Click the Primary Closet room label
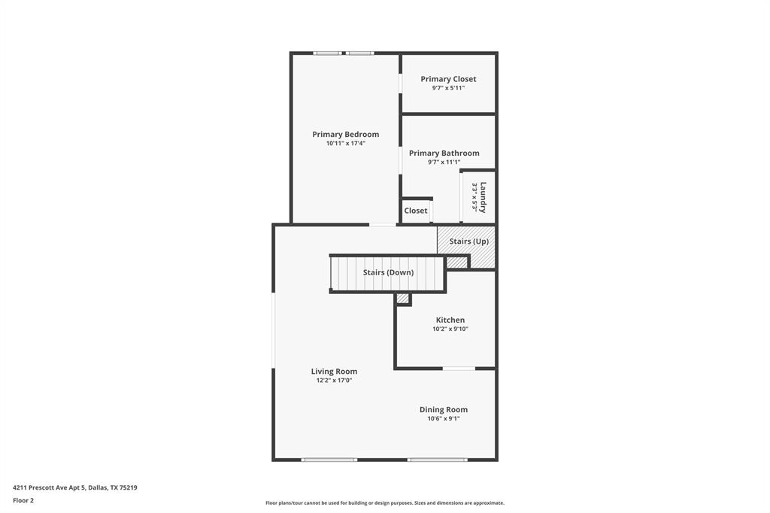pos(448,79)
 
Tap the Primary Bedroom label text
pos(346,135)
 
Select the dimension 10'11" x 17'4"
pos(346,144)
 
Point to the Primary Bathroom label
pos(444,153)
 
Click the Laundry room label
pos(484,197)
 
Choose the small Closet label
pos(416,211)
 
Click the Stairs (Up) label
pos(469,241)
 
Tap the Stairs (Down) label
pos(388,272)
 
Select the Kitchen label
pos(450,320)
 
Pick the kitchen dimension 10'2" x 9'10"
pos(450,329)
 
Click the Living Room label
pos(334,372)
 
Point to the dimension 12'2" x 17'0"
pos(334,381)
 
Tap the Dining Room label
pos(444,410)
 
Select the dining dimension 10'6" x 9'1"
pos(444,419)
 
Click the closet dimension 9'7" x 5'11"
pos(448,88)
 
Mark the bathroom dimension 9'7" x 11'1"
pos(444,162)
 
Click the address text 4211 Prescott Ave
pos(74,487)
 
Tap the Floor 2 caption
pos(23,500)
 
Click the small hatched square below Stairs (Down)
pos(403,299)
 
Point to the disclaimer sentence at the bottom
pos(385,503)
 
